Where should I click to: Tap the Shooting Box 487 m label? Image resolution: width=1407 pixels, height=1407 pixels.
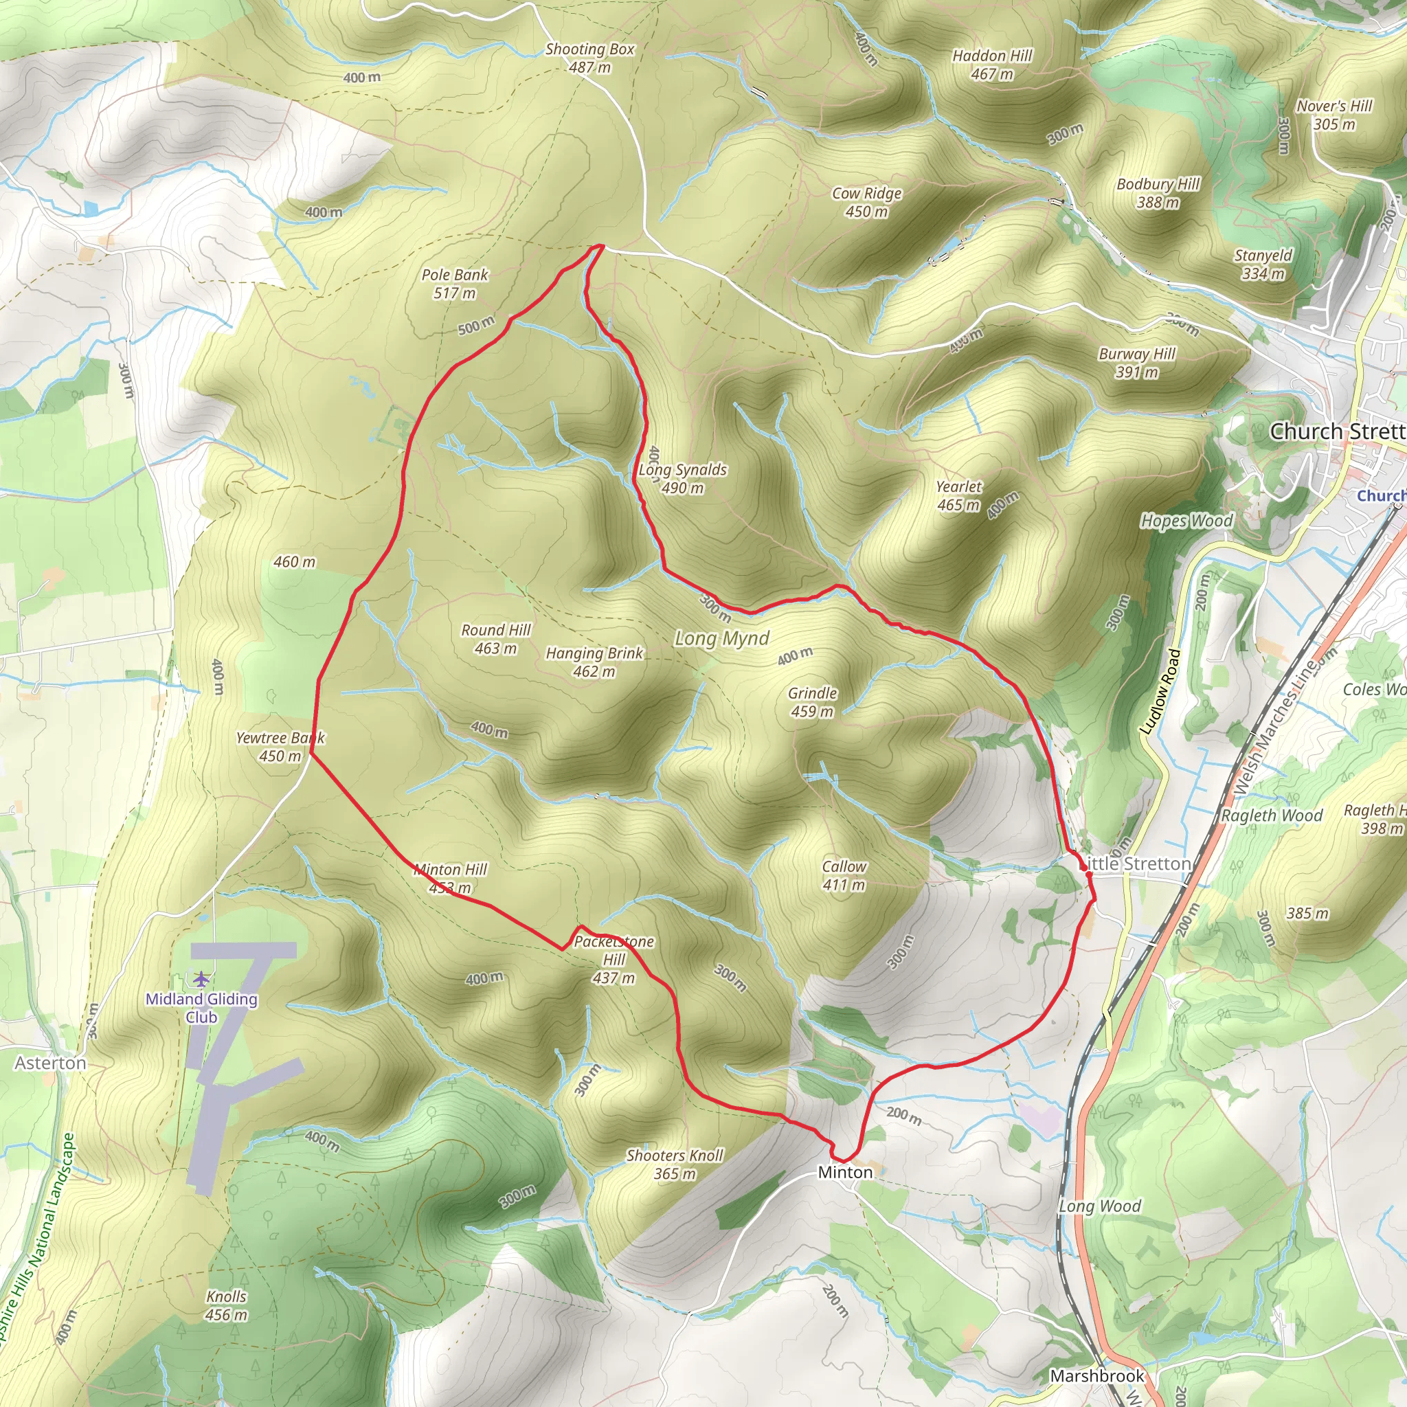pyautogui.click(x=590, y=58)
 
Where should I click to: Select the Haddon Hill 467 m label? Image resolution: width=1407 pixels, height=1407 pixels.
pyautogui.click(x=992, y=65)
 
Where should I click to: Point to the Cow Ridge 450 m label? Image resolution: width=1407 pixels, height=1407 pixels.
pyautogui.click(x=866, y=203)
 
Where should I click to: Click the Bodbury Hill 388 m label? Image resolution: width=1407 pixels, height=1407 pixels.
pyautogui.click(x=1158, y=193)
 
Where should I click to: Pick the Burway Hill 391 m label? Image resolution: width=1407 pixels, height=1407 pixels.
pyautogui.click(x=1137, y=363)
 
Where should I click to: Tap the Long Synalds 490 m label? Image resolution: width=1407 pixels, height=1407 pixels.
pyautogui.click(x=682, y=478)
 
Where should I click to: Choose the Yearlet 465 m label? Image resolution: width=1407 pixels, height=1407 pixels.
pyautogui.click(x=958, y=495)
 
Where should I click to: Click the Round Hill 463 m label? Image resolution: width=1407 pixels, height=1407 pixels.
pyautogui.click(x=496, y=639)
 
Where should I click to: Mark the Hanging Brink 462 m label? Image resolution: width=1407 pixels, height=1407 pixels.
pyautogui.click(x=594, y=662)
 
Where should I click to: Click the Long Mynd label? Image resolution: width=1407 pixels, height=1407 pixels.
pyautogui.click(x=722, y=639)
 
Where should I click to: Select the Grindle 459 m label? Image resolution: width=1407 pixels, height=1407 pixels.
pyautogui.click(x=812, y=702)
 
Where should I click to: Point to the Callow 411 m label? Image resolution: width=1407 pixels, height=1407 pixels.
pyautogui.click(x=844, y=875)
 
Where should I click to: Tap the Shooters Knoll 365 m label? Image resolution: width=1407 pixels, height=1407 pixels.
pyautogui.click(x=675, y=1164)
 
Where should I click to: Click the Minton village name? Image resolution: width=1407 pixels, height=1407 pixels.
pyautogui.click(x=845, y=1172)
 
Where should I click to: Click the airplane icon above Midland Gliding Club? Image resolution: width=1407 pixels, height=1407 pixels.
pyautogui.click(x=201, y=978)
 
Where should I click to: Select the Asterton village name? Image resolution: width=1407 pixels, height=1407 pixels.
pyautogui.click(x=50, y=1063)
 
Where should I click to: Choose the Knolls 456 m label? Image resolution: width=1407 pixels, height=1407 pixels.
pyautogui.click(x=227, y=1305)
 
